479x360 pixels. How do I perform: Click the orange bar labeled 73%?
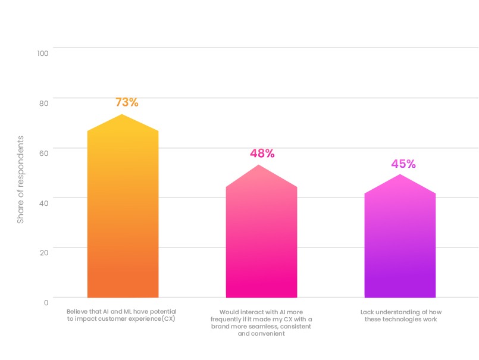coord(123,214)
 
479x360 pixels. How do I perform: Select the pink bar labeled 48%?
coord(261,238)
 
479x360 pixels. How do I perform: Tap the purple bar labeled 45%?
coord(400,244)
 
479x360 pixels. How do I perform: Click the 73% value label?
coord(127,102)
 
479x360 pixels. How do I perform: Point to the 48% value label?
coord(262,154)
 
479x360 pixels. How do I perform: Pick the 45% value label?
coord(403,164)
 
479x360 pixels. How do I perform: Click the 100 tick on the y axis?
coord(42,54)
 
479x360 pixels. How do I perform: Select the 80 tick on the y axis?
coord(43,103)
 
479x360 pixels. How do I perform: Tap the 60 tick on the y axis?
coord(43,153)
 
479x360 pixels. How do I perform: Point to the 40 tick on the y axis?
coord(43,202)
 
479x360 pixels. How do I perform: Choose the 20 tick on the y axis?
coord(43,252)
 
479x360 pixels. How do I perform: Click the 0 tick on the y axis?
coord(46,302)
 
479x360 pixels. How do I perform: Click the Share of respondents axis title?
coord(21,180)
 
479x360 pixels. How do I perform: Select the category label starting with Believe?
coord(121,315)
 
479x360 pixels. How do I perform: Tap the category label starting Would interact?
coord(261,323)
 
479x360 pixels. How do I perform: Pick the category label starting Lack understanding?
coord(400,315)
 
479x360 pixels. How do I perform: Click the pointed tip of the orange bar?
coord(122,115)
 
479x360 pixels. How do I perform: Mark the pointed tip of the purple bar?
coord(400,174)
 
